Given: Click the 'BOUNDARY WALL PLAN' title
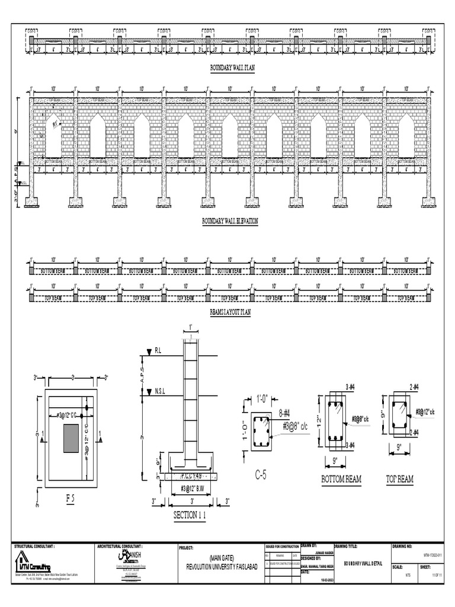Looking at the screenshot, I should (232, 69).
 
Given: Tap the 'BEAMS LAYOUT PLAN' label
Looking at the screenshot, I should (230, 311).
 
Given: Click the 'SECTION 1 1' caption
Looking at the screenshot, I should (190, 516).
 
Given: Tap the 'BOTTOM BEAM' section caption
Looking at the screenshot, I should (341, 479).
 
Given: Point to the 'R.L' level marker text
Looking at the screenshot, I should (158, 351).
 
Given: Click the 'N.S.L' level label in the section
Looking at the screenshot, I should (160, 391).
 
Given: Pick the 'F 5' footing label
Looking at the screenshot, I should (71, 500).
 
